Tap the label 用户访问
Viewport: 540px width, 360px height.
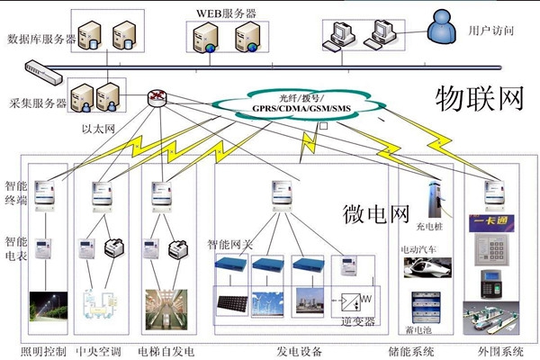tap(491, 31)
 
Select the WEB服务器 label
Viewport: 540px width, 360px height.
tap(227, 13)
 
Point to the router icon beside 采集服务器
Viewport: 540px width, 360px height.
tap(158, 98)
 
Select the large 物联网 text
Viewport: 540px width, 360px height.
tap(479, 98)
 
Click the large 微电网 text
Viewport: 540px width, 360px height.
tap(376, 213)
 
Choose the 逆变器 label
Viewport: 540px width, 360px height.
tap(357, 319)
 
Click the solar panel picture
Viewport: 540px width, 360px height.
tap(230, 299)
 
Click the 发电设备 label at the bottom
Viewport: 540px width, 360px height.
tap(298, 349)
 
